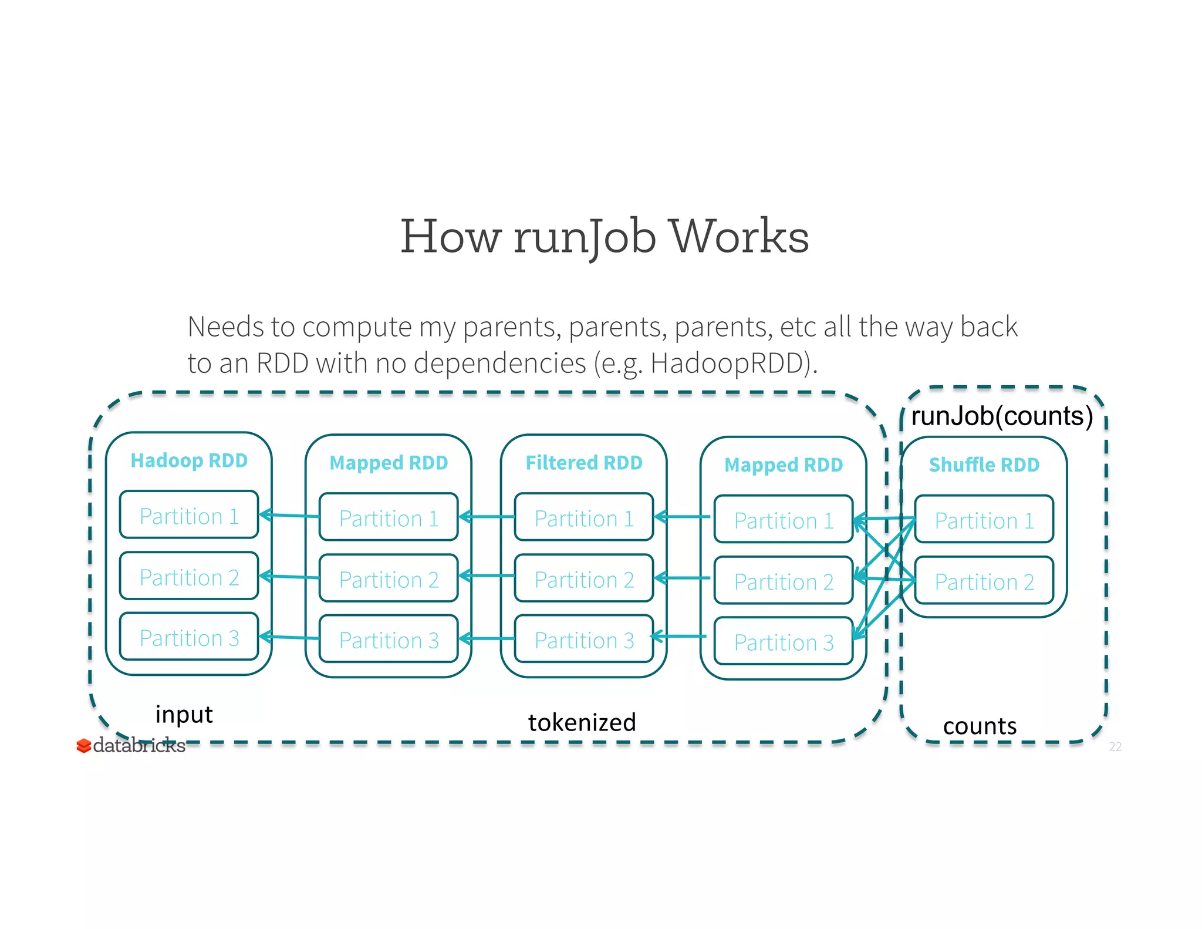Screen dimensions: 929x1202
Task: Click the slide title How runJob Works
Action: [605, 236]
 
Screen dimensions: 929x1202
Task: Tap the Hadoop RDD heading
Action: [189, 460]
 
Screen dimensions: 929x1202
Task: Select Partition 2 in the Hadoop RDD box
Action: [189, 577]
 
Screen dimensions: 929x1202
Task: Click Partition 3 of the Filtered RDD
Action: [584, 640]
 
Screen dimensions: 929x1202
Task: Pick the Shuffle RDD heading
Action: [984, 464]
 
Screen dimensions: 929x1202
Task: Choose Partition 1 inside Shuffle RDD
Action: [984, 520]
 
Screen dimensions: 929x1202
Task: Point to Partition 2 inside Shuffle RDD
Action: [984, 581]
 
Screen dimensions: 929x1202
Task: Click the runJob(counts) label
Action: [1001, 416]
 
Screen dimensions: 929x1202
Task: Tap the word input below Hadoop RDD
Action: [184, 715]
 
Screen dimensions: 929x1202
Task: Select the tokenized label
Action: [582, 722]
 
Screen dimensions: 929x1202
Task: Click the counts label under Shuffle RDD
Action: [980, 726]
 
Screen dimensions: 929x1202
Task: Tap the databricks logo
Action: [131, 745]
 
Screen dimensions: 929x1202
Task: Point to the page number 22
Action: [1115, 746]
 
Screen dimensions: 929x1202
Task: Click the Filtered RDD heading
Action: [584, 463]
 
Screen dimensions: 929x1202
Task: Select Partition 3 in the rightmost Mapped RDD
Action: [784, 642]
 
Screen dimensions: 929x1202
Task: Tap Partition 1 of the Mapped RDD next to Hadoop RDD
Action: [389, 519]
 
